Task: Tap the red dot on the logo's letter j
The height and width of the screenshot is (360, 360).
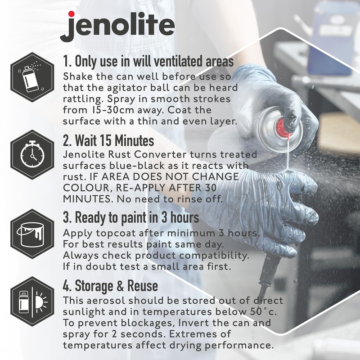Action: pos(71,14)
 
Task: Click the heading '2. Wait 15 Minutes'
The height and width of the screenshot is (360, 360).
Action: pos(108,141)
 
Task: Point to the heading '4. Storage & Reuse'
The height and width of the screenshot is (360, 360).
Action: pos(110,286)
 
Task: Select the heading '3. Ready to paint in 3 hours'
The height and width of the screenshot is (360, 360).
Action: pos(130,218)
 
